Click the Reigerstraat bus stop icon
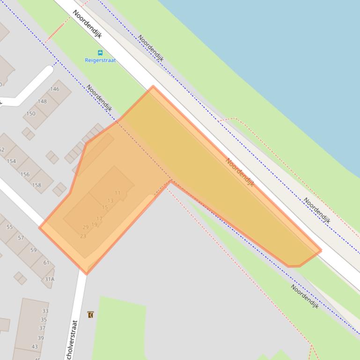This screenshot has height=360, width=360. click(100, 53)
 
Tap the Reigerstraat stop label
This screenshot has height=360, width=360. click(100, 60)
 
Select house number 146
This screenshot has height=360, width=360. click(54, 89)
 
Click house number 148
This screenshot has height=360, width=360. click(42, 101)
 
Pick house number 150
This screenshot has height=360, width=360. click(31, 113)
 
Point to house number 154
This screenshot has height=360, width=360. click(11, 161)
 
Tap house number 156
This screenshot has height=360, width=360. click(25, 174)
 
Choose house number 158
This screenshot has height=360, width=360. click(37, 185)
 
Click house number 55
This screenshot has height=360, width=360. click(9, 227)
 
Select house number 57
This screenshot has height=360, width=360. click(21, 238)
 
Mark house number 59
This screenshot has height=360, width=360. click(33, 250)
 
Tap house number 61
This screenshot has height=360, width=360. click(46, 262)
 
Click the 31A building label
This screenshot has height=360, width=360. click(49, 279)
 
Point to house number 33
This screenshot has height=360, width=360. click(45, 311)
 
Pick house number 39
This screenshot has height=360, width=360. click(41, 338)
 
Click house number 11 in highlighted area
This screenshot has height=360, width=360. click(118, 193)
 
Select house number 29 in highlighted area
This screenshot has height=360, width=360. click(85, 227)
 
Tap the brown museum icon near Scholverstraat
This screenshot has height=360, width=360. click(90, 315)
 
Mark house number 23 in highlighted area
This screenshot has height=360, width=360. click(83, 236)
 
